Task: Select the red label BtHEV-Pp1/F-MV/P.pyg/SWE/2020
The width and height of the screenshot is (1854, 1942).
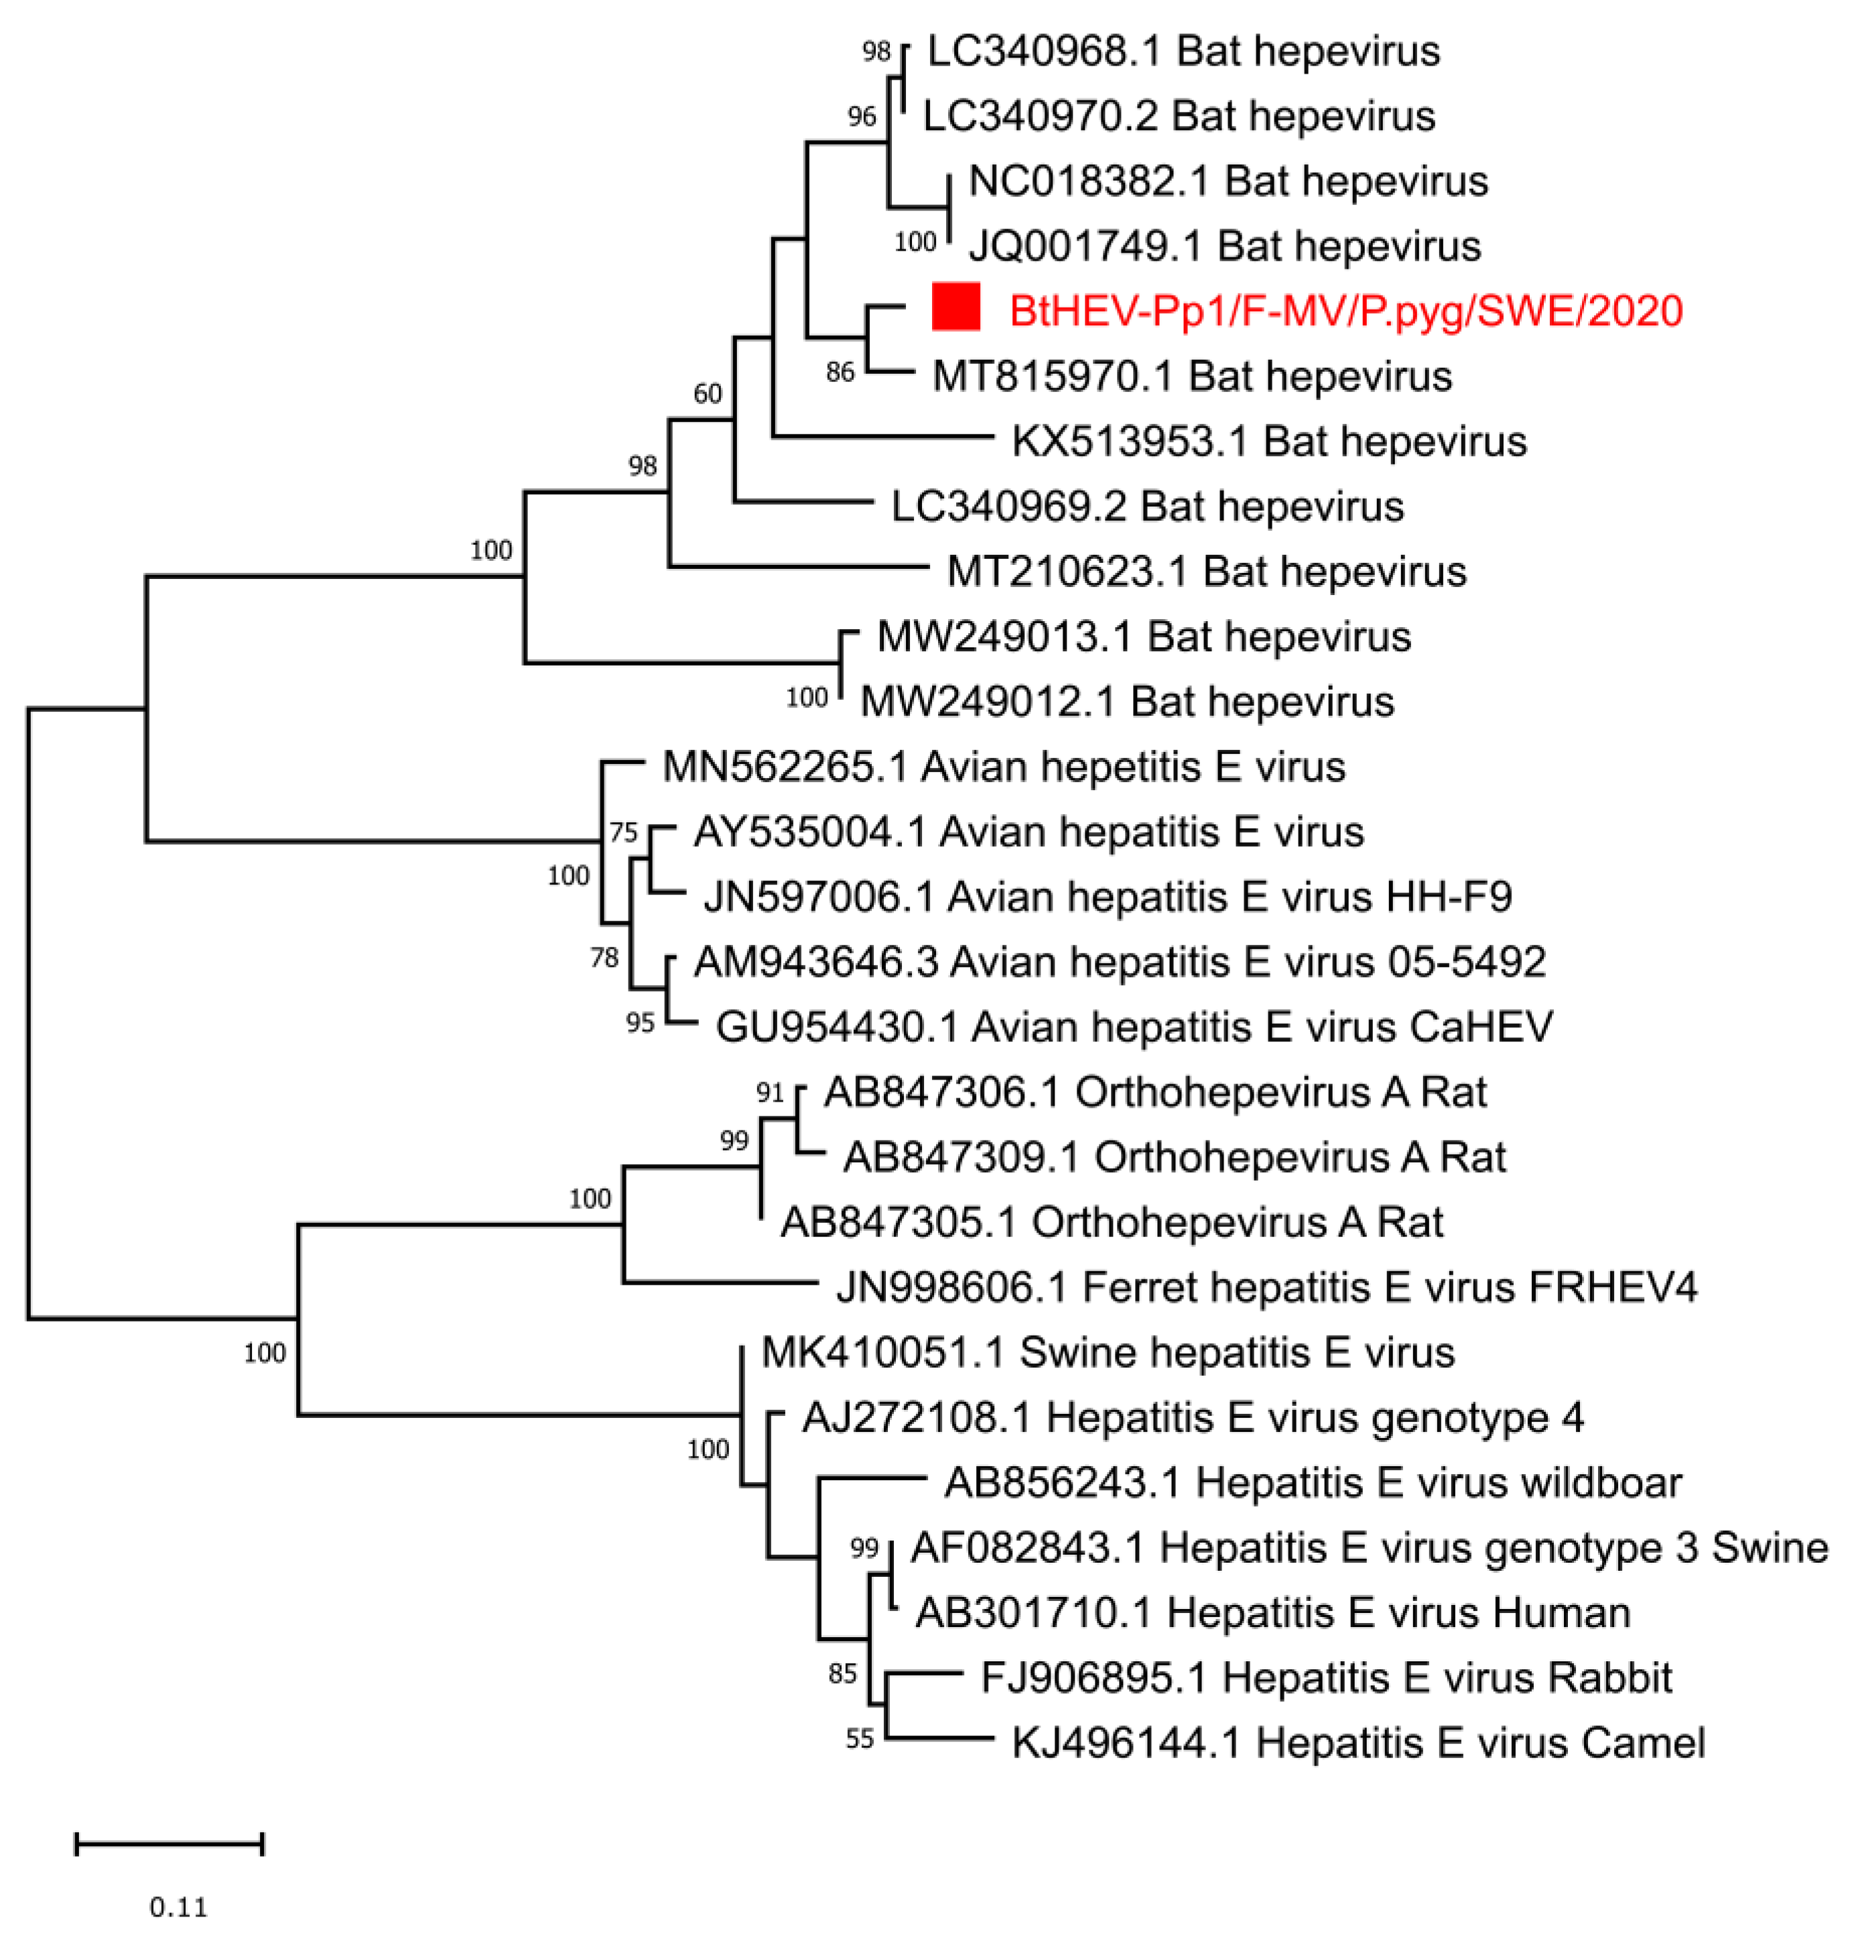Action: coord(1345,312)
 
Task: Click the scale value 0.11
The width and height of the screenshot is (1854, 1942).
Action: coord(179,1906)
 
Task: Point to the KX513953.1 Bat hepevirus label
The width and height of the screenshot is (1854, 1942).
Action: coord(1269,441)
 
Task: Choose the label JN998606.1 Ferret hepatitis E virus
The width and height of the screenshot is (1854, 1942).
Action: coord(1266,1287)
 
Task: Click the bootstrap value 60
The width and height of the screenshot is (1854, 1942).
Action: coord(708,393)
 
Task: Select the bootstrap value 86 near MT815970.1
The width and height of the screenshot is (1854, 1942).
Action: coord(840,372)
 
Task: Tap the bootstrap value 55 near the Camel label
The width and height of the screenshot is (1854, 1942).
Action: coord(860,1738)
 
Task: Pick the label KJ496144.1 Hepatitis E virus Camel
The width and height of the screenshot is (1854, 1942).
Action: coord(1358,1742)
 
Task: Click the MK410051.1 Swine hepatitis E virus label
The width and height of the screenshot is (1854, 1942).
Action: coord(1108,1352)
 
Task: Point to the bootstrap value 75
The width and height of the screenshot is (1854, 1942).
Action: coord(622,832)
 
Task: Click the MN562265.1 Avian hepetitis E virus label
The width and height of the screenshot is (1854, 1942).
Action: coord(1003,767)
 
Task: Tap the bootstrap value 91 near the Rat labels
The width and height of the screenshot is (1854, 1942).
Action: coord(770,1092)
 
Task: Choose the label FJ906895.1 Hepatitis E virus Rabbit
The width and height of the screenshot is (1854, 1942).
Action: coord(1325,1677)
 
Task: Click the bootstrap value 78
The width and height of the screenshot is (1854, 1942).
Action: coord(604,957)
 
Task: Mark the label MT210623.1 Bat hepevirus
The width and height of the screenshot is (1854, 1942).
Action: coord(1205,571)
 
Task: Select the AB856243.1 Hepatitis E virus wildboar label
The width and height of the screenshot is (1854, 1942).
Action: coord(1313,1482)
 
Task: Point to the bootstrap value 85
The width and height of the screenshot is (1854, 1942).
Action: coord(842,1673)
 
